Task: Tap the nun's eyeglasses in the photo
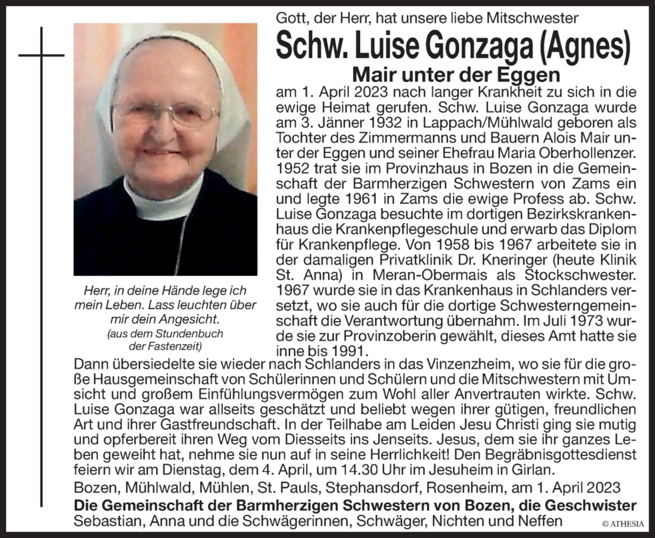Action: coord(165,113)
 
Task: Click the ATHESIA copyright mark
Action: coord(623,524)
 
